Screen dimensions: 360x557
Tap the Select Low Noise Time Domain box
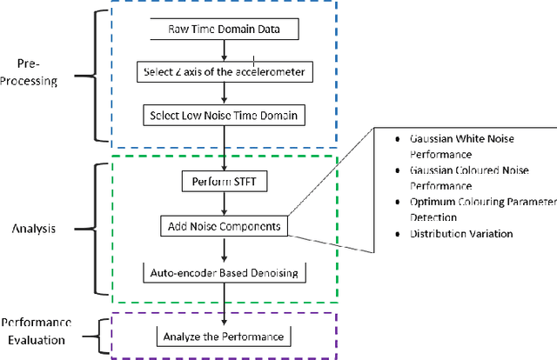click(x=225, y=114)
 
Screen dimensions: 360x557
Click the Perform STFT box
click(x=225, y=183)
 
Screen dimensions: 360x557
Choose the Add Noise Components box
click(x=226, y=226)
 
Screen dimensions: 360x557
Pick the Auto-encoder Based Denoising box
click(x=225, y=273)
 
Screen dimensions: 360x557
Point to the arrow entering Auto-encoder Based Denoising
click(x=225, y=250)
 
